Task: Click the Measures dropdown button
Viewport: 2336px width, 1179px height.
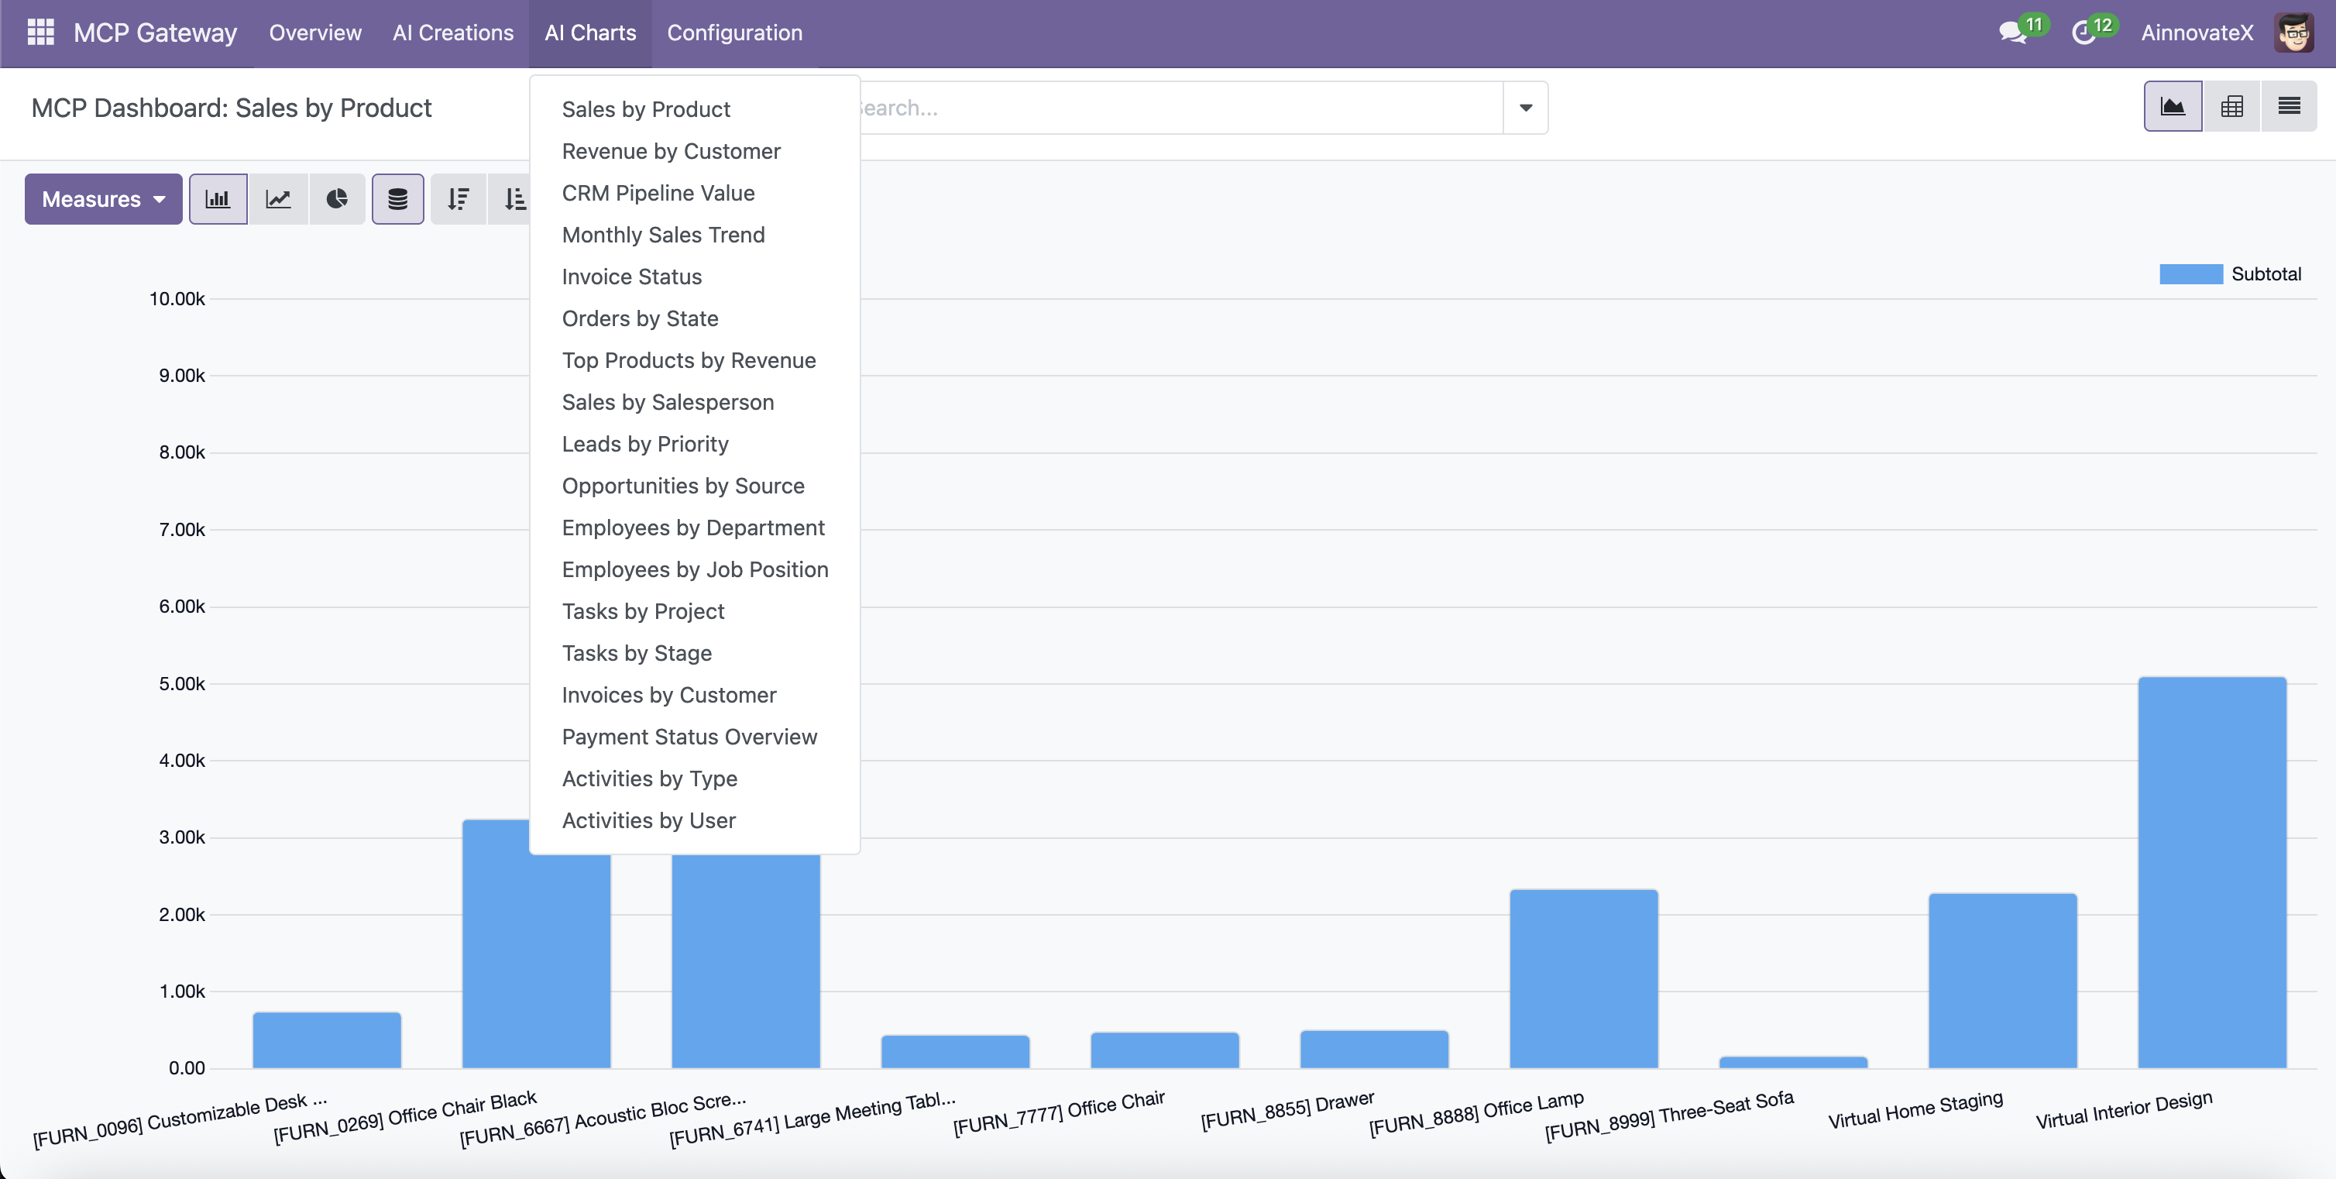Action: (103, 200)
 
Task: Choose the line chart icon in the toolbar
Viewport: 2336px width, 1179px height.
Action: (278, 200)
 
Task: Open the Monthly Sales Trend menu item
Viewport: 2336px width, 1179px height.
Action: (663, 235)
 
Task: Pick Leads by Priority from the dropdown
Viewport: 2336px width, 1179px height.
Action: (644, 445)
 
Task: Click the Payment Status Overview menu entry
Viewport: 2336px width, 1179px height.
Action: (689, 737)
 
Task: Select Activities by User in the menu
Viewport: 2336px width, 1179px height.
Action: (648, 821)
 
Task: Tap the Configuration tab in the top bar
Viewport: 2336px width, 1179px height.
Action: (734, 33)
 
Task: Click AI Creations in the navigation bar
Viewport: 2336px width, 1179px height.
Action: (452, 33)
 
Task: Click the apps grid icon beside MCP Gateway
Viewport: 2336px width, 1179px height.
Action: (41, 33)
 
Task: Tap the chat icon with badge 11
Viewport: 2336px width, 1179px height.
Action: (2013, 33)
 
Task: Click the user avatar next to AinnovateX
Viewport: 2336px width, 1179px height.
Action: (2294, 33)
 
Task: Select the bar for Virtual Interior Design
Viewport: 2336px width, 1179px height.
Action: (2212, 872)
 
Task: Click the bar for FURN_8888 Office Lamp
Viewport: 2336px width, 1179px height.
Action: (1583, 978)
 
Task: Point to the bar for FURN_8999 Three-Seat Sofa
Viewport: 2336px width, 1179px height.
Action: (1793, 1062)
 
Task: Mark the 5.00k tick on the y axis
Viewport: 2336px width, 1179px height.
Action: (182, 684)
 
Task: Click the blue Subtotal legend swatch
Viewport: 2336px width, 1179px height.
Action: (2191, 274)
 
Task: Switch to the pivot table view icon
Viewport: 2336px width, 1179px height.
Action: (2231, 107)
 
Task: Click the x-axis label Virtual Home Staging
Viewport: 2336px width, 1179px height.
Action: (1915, 1110)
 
